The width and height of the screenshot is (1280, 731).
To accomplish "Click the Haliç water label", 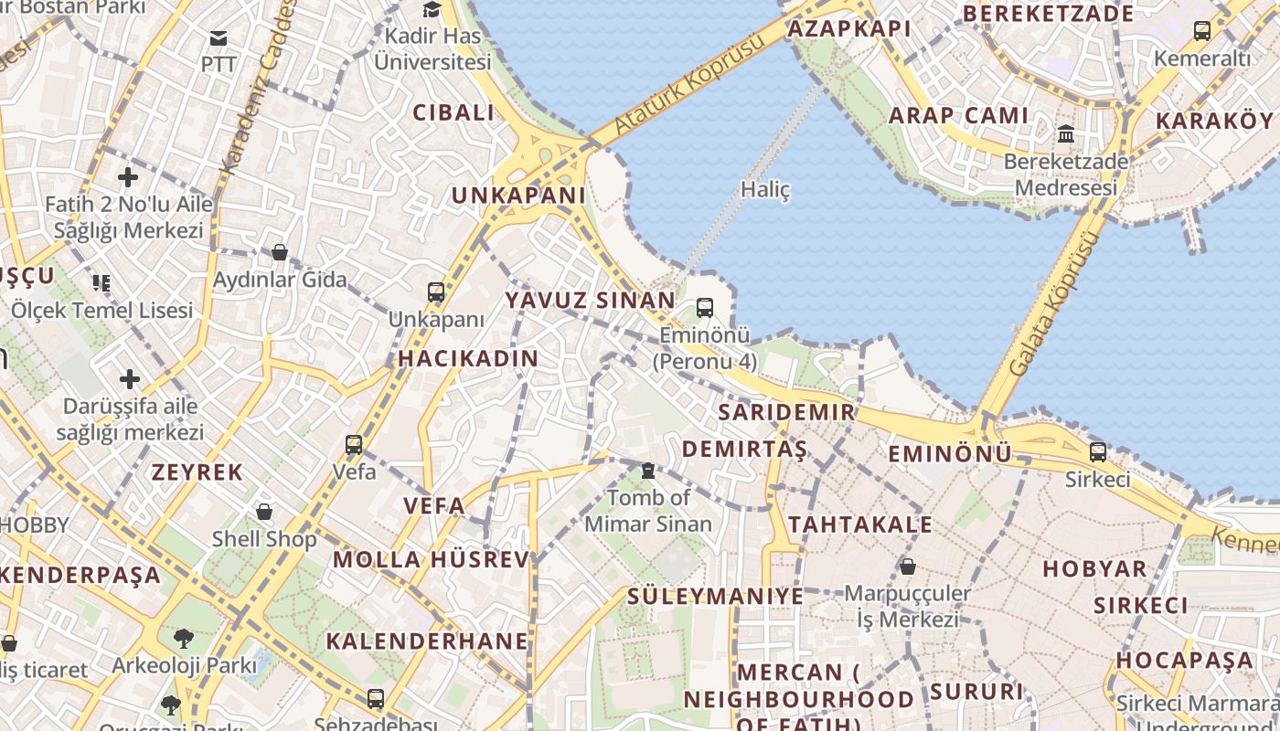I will [764, 190].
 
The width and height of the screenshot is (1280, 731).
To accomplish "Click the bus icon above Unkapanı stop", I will [436, 292].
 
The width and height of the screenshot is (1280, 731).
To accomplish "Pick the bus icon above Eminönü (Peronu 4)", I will [704, 308].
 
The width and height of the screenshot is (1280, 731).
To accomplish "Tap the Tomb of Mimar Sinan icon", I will [648, 471].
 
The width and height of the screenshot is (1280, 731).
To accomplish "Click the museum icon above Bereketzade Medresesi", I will [1065, 135].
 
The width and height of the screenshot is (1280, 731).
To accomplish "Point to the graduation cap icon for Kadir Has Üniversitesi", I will [432, 10].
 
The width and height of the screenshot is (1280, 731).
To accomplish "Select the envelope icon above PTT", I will [219, 38].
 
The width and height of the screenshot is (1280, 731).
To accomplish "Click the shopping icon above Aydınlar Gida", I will [280, 252].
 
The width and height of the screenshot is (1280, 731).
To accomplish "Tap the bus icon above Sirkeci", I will [1097, 451].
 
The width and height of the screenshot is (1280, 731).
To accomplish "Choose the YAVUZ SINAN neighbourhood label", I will [591, 300].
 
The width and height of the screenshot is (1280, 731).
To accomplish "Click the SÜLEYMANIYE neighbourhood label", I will [715, 597].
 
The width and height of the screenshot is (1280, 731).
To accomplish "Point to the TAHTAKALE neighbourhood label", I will [860, 524].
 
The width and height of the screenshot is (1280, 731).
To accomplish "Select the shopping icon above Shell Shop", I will [264, 512].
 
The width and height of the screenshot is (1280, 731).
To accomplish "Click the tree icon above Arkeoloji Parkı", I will [184, 637].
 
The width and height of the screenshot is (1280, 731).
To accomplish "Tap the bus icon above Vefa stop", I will [354, 445].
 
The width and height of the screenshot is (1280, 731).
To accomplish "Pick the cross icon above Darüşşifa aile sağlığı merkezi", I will [130, 378].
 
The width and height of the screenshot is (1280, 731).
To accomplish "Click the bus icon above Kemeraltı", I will [1201, 31].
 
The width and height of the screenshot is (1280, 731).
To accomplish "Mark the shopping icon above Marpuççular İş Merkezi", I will [907, 567].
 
